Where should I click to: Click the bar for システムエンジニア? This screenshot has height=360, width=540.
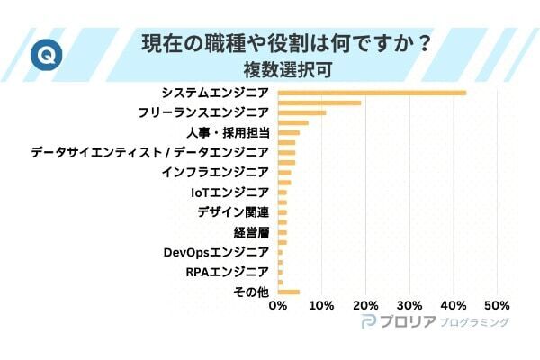(372, 93)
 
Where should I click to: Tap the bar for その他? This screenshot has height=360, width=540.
(288, 292)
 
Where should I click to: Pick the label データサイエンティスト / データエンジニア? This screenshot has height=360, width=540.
(149, 152)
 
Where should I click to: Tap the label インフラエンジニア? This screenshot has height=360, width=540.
(215, 172)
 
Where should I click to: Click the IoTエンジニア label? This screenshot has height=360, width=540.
(229, 192)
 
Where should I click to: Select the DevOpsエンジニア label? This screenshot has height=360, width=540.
(216, 252)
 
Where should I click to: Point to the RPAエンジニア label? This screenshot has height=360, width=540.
(227, 272)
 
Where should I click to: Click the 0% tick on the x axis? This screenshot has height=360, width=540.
(278, 305)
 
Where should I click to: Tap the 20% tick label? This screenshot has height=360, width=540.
(365, 305)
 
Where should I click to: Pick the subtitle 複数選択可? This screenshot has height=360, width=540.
(284, 68)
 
